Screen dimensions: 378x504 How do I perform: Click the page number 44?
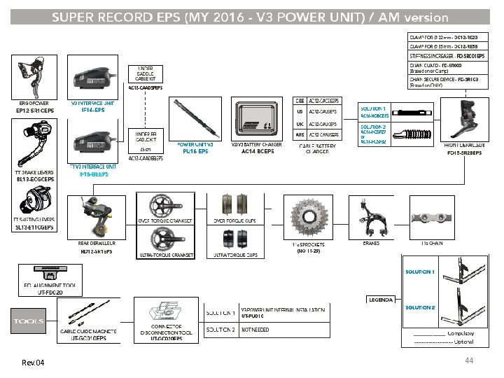coord(470,359)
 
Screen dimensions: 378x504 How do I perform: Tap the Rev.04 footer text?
coord(33,363)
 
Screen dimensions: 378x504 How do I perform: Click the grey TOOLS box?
coord(28,322)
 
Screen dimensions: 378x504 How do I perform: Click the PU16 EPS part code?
coord(195,150)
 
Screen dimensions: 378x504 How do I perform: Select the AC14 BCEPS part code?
coord(257,150)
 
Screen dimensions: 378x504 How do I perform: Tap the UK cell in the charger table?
coord(300,123)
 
